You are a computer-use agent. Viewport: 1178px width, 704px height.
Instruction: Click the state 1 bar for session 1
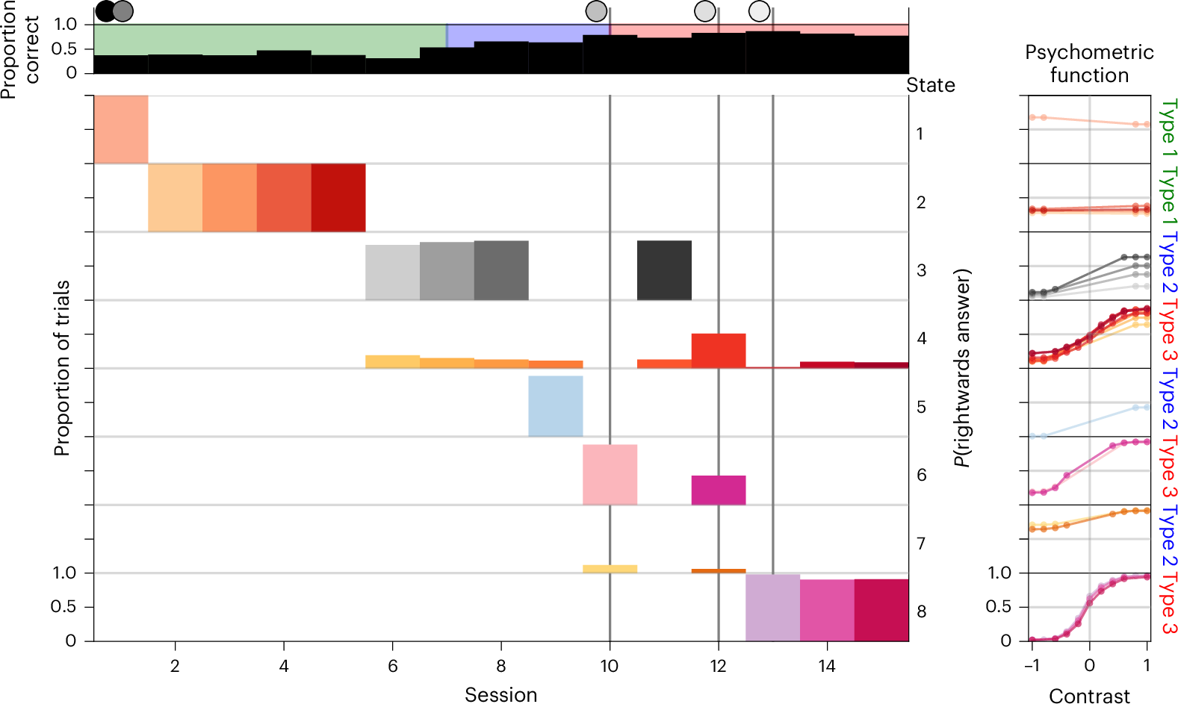pos(120,129)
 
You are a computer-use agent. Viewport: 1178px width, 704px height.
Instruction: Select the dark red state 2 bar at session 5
pos(338,198)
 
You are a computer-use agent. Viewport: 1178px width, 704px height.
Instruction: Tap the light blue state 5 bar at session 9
pos(556,406)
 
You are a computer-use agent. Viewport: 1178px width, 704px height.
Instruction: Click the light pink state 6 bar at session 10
pos(610,475)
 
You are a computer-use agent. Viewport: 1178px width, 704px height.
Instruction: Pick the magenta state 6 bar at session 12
pos(719,490)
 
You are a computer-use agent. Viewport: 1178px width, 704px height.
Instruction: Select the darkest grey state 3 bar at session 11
pos(664,270)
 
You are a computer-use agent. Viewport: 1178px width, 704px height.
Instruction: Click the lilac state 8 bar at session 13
pos(772,608)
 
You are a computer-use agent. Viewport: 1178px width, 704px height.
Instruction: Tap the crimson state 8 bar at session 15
pos(881,610)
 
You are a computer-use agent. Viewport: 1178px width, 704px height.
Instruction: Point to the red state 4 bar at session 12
pos(719,350)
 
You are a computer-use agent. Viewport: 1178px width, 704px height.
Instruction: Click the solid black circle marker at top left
pos(105,11)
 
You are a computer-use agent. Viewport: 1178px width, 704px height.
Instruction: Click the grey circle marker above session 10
pos(596,11)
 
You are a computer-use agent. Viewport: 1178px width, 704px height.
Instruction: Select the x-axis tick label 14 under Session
pos(827,666)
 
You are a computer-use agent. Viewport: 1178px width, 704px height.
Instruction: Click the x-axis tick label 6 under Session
pos(392,666)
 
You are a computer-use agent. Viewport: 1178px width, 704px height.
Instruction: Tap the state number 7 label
pos(921,543)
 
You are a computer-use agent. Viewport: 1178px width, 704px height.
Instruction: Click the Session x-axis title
pos(500,694)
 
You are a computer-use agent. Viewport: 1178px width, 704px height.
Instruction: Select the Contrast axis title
pos(1089,696)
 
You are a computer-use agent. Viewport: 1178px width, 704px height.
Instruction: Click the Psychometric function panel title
pos(1089,63)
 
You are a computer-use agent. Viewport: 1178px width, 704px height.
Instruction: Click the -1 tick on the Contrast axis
pos(1032,665)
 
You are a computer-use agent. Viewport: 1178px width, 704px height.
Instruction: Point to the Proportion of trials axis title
pos(62,368)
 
